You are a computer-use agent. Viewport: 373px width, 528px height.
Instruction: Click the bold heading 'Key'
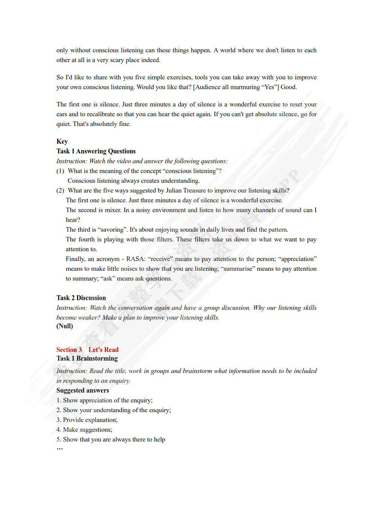click(x=62, y=141)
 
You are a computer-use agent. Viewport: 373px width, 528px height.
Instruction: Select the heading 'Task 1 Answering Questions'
click(x=96, y=151)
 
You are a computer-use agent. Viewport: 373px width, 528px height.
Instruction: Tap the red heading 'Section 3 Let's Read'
click(x=87, y=350)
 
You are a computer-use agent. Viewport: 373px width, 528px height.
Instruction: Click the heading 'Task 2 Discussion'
click(x=81, y=298)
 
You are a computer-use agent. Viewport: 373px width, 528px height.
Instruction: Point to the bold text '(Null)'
click(x=65, y=326)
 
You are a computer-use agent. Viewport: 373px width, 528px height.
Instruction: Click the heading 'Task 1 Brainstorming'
click(x=87, y=358)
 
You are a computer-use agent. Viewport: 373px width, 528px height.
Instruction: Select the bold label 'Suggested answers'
click(x=83, y=390)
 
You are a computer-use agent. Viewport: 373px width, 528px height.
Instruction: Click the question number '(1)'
click(x=60, y=171)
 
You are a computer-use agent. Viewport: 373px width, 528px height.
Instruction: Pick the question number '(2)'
click(x=60, y=191)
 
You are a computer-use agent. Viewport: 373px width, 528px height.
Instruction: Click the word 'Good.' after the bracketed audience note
click(x=288, y=87)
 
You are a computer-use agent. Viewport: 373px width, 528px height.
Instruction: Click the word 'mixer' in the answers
click(x=112, y=210)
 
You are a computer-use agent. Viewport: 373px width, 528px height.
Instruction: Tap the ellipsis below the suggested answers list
click(x=59, y=449)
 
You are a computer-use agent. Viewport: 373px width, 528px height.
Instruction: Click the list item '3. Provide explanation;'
click(x=87, y=420)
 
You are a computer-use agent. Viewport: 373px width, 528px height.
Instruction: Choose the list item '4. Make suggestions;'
click(x=84, y=430)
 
